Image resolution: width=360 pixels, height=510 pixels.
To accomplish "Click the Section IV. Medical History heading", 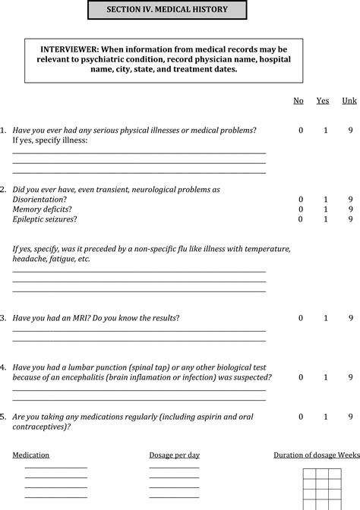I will (168, 10).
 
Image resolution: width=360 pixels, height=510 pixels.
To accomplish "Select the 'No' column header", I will (298, 100).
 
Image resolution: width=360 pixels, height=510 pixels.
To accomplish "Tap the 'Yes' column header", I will (323, 100).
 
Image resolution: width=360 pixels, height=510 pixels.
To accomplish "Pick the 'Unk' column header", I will (349, 100).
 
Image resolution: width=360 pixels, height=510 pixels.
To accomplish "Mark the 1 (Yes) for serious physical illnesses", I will (326, 130).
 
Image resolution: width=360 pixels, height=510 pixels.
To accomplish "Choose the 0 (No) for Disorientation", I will (301, 199).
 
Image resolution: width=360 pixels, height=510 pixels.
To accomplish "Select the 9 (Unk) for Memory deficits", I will (350, 209).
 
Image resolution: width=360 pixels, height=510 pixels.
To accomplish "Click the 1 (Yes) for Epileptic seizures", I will (326, 219).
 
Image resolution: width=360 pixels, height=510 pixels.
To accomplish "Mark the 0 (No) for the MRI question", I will (301, 318).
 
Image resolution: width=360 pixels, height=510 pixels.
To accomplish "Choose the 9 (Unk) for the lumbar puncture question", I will (350, 377).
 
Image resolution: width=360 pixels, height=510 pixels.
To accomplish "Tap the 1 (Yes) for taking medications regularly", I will (326, 417).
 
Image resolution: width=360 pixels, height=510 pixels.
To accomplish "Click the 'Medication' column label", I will (31, 455).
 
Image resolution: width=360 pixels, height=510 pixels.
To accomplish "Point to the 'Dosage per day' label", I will (174, 455).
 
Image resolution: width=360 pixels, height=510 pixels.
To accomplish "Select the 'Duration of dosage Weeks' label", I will (316, 455).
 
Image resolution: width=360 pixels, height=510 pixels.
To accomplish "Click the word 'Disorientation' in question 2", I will (38, 199).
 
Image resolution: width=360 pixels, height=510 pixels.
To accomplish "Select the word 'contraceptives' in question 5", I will (39, 427).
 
